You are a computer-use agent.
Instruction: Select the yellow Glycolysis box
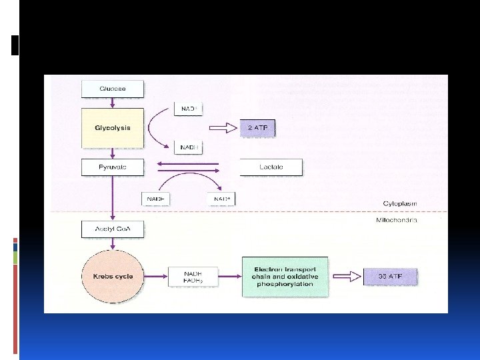point(112,128)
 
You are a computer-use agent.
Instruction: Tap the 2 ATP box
point(257,128)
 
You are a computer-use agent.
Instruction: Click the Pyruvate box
point(112,167)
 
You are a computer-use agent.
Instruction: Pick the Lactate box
point(271,167)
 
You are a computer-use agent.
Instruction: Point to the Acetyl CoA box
point(112,230)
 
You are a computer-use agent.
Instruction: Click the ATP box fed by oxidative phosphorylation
point(391,276)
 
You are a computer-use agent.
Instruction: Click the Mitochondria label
point(396,220)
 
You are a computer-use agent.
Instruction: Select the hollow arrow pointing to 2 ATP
point(223,128)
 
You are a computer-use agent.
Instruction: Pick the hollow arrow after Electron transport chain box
point(344,276)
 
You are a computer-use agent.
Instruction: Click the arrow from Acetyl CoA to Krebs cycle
point(112,244)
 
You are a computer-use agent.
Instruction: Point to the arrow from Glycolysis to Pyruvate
point(112,153)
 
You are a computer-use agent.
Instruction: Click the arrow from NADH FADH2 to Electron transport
point(224,276)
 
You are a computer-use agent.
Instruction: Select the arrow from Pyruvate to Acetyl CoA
point(112,199)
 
